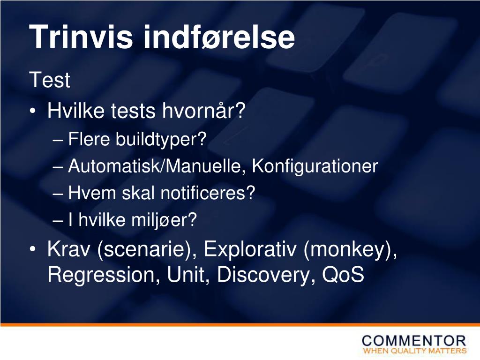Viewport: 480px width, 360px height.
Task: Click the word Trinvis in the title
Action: point(81,37)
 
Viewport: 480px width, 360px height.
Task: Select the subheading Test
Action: point(50,80)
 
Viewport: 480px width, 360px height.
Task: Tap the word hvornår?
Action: point(204,110)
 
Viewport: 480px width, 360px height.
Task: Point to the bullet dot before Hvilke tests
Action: point(33,111)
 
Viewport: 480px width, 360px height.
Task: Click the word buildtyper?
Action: point(161,139)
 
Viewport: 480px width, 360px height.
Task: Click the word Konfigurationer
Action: point(315,166)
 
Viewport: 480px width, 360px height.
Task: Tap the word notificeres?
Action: point(208,193)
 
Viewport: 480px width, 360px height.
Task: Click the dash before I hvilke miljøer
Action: point(58,220)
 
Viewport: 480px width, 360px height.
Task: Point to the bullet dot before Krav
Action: point(33,249)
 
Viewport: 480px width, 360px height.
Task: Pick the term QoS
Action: point(343,274)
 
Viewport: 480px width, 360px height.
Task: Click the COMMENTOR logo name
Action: point(414,341)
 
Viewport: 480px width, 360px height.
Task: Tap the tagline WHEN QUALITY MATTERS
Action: point(415,351)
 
